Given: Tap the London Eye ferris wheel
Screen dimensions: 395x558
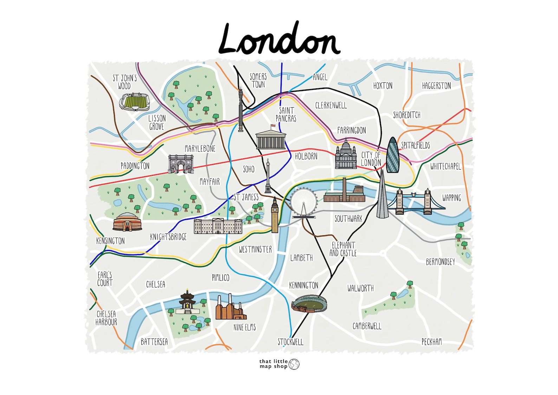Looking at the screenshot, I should pyautogui.click(x=304, y=203).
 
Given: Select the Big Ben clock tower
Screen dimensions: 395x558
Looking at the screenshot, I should pyautogui.click(x=274, y=215).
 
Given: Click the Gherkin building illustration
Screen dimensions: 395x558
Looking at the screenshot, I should pyautogui.click(x=392, y=155).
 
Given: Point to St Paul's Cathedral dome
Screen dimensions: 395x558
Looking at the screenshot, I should pyautogui.click(x=346, y=155).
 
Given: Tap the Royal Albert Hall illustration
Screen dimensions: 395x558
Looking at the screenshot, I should pyautogui.click(x=128, y=222).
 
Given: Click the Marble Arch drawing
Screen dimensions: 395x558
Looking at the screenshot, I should pyautogui.click(x=181, y=164).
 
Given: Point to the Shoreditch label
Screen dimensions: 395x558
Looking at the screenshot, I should pyautogui.click(x=407, y=115).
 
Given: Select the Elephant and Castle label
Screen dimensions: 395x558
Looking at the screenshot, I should pyautogui.click(x=343, y=249).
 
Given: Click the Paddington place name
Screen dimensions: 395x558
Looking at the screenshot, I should pyautogui.click(x=135, y=166).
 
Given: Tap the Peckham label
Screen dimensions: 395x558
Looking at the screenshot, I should pyautogui.click(x=432, y=342).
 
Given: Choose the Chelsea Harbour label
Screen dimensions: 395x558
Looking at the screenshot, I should pyautogui.click(x=106, y=318).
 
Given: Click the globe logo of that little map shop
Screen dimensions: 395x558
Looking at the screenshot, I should pyautogui.click(x=294, y=364).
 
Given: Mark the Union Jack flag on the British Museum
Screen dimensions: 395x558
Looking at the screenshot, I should pyautogui.click(x=273, y=125).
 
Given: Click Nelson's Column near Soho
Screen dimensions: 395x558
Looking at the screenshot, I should pyautogui.click(x=268, y=176).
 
